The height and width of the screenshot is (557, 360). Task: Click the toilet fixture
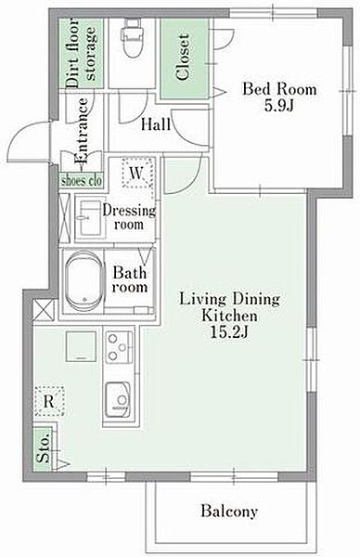[132, 38]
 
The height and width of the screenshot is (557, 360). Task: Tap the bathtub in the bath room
[84, 281]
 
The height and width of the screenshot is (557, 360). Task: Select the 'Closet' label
[183, 57]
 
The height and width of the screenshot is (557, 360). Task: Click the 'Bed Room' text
[279, 89]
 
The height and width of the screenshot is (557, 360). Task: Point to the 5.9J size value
[278, 106]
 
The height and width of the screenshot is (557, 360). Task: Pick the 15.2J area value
[229, 332]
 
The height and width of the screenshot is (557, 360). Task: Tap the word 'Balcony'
[229, 512]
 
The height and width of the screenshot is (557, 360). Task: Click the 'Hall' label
[156, 124]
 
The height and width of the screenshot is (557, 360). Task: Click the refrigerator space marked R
[50, 401]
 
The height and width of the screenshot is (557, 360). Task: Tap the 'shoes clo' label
[82, 181]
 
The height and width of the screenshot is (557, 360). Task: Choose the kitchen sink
[118, 398]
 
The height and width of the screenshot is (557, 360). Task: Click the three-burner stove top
[120, 347]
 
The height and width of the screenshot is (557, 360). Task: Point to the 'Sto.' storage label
[44, 449]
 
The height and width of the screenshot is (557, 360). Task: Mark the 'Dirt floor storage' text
[82, 53]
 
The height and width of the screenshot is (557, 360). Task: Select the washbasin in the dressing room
[90, 218]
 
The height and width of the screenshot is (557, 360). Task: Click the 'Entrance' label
[82, 131]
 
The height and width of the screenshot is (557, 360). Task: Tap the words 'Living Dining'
[229, 299]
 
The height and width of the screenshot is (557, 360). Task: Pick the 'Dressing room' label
[129, 217]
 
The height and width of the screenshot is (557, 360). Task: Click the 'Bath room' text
[130, 279]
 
